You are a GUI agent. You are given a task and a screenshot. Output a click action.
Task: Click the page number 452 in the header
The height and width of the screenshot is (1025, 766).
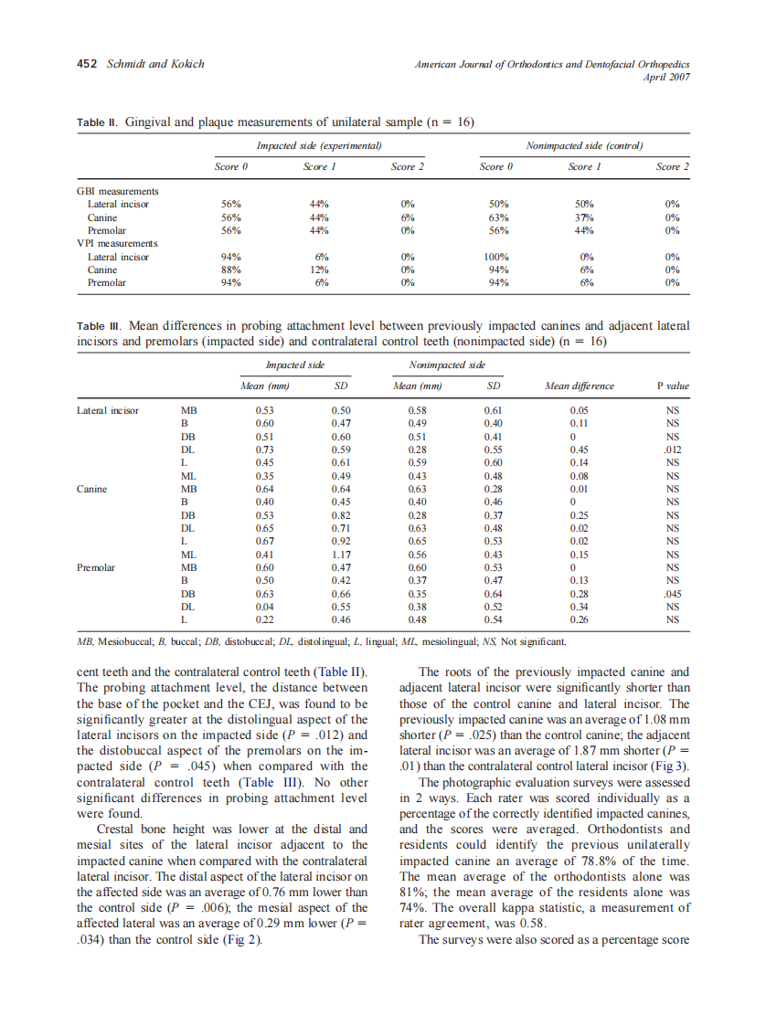coord(86,64)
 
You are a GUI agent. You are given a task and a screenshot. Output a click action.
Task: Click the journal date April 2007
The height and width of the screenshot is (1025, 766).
coord(666,77)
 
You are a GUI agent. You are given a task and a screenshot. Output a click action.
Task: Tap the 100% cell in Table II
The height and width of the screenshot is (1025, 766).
coord(496,258)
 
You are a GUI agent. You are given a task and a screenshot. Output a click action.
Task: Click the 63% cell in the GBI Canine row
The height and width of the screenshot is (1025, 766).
coord(496,217)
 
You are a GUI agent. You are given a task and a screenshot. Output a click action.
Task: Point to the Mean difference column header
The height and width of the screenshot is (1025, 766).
coord(579,386)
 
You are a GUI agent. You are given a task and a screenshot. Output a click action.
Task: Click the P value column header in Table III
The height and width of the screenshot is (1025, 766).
coord(673,386)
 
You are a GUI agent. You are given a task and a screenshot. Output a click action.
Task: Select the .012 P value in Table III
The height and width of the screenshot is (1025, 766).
coord(673,449)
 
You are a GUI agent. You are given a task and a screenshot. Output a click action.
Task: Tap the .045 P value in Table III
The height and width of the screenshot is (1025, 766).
coord(673,594)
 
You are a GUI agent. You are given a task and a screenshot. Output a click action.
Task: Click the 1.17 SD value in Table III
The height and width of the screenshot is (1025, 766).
coord(342,555)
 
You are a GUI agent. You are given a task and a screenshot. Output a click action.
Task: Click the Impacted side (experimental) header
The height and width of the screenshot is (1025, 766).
coord(318,146)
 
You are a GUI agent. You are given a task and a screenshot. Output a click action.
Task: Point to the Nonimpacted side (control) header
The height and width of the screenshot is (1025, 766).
coord(584,146)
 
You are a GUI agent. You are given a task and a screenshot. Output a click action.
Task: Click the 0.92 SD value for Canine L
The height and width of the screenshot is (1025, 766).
coord(342,542)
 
